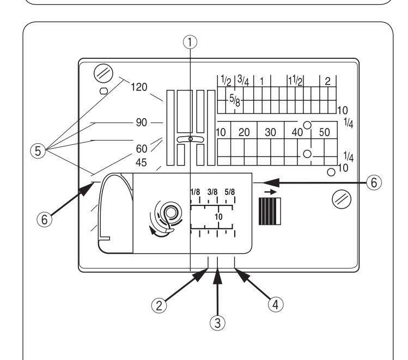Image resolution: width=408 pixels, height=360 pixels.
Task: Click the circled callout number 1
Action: click(190, 42)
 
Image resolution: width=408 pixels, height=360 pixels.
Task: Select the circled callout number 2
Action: click(159, 306)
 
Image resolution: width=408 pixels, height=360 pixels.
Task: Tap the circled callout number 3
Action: click(217, 323)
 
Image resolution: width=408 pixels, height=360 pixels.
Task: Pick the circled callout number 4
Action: click(276, 304)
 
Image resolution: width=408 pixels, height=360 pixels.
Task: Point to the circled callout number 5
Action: click(38, 151)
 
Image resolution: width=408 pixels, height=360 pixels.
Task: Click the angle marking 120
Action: click(139, 87)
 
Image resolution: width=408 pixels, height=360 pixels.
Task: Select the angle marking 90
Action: click(141, 122)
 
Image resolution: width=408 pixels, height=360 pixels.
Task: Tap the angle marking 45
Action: click(141, 163)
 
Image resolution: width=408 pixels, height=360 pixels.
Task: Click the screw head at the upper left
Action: click(103, 74)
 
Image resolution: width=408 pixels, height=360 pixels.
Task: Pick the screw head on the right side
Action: click(342, 199)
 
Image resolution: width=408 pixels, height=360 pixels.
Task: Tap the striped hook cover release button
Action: click(270, 211)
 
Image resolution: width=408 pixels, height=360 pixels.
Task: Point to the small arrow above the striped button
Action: click(271, 192)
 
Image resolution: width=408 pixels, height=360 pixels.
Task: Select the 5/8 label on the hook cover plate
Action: click(229, 192)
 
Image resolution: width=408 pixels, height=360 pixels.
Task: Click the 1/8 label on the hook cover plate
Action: click(195, 192)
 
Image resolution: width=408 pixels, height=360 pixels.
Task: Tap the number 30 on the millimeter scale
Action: click(270, 132)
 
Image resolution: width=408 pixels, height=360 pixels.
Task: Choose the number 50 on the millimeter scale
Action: click(325, 132)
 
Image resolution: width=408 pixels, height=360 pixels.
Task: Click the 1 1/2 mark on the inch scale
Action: click(296, 81)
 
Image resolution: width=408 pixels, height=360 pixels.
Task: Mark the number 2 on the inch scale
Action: click(327, 81)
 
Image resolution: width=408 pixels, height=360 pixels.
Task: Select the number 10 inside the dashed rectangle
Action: click(218, 216)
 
